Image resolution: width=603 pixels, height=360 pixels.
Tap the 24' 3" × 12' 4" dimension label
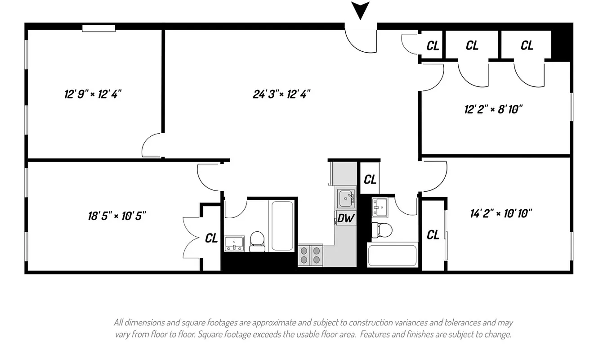[x=282, y=94]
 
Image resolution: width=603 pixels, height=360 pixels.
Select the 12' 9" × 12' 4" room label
[x=93, y=94]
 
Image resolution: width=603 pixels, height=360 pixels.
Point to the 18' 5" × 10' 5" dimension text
[x=117, y=216]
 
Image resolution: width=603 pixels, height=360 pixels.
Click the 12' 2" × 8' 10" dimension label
[x=494, y=109]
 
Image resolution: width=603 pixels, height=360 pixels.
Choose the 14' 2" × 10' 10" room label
[x=501, y=213]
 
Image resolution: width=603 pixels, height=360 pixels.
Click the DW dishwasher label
[x=345, y=219]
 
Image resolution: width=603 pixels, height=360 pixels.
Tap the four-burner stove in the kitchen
[x=311, y=255]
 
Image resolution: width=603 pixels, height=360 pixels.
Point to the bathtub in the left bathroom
[x=282, y=225]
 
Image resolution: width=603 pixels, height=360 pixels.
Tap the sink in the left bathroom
[x=234, y=243]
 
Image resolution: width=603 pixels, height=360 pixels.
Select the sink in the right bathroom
[x=381, y=207]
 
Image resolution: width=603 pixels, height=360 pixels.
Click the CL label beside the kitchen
[x=370, y=179]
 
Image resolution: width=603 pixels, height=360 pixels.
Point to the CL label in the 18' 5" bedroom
[x=211, y=238]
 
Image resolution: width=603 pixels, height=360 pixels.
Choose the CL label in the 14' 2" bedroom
[x=433, y=234]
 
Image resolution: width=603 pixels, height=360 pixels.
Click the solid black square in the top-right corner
[x=561, y=44]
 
